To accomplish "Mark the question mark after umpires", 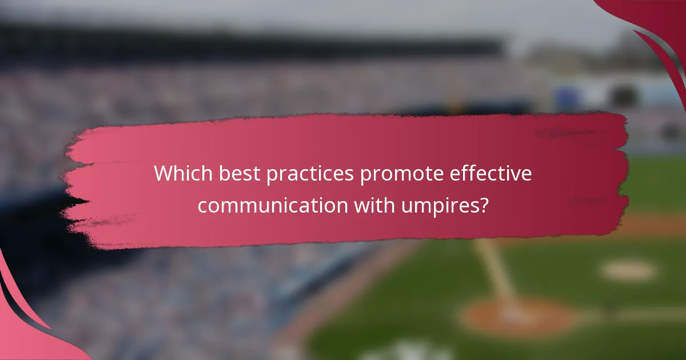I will coord(484,205).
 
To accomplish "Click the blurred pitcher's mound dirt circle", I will coord(517,317).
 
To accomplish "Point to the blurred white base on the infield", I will coord(628,271).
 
